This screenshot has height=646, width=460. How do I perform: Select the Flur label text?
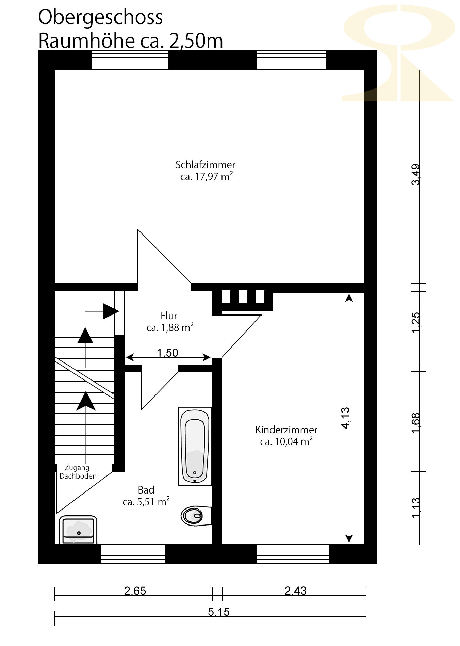[169, 316]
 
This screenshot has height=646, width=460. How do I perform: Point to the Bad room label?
[146, 490]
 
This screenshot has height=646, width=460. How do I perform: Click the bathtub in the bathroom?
[195, 446]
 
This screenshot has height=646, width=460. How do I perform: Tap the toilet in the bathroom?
[196, 516]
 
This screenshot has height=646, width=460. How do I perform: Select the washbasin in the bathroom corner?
[78, 530]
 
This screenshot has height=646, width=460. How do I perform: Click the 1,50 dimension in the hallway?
[168, 353]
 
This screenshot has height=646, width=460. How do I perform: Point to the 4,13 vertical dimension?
[345, 418]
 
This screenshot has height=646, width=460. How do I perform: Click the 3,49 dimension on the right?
[416, 175]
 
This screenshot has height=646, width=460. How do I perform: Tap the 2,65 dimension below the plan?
[135, 591]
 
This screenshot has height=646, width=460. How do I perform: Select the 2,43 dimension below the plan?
[296, 591]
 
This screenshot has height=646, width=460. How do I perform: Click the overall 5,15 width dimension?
[219, 612]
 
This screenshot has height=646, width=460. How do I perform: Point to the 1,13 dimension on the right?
[416, 508]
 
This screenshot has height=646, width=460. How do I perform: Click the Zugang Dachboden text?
[78, 472]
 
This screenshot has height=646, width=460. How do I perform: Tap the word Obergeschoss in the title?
[100, 17]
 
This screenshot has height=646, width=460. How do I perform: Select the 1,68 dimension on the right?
[416, 423]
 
